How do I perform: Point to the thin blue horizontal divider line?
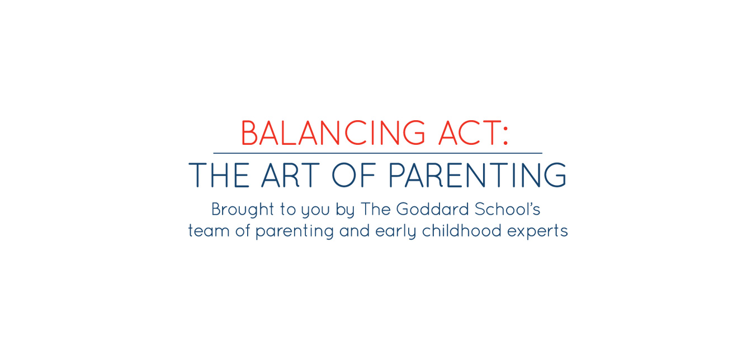pos(377,153)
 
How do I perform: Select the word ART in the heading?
pos(291,175)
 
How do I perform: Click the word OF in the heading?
pos(354,175)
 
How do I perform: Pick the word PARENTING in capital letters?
pos(478,175)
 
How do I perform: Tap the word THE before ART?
pos(219,175)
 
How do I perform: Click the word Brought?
pos(243,210)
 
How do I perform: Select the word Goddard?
pos(433,209)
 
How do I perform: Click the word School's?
pos(508,209)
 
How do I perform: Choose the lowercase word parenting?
pos(295,232)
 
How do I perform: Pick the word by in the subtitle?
pos(345,210)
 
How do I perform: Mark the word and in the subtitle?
pos(355,231)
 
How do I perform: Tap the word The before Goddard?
pos(376,209)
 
